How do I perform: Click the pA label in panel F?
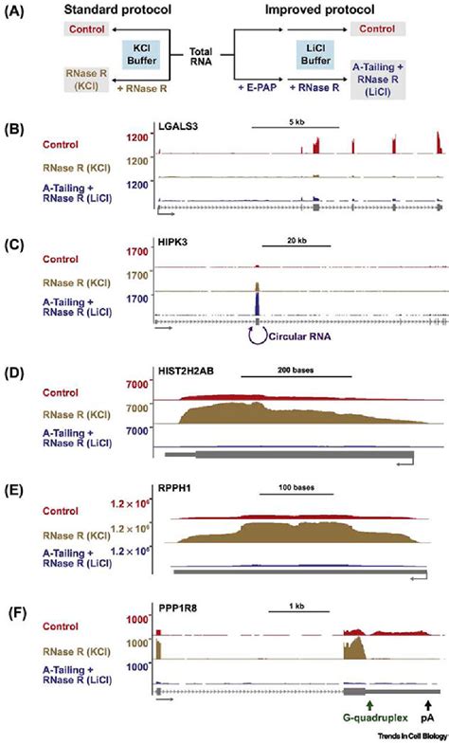click(428, 719)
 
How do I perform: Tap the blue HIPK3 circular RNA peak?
click(258, 303)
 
